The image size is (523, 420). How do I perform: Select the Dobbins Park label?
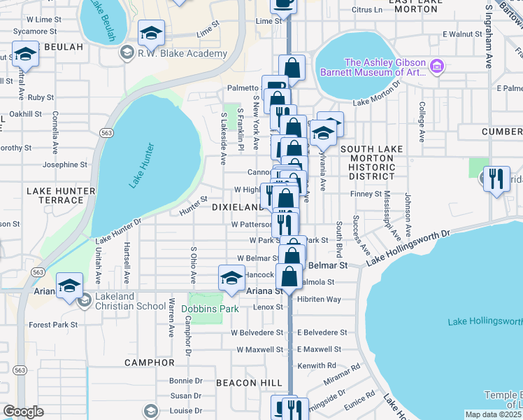pyautogui.click(x=210, y=309)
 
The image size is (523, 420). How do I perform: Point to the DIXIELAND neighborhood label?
pyautogui.click(x=236, y=207)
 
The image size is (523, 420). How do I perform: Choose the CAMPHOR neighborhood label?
pyautogui.click(x=149, y=363)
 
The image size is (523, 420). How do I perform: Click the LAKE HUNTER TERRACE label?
pyautogui.click(x=55, y=195)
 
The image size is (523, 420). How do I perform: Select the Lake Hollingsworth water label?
pyautogui.click(x=485, y=322)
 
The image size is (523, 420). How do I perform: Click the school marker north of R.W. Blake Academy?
pyautogui.click(x=151, y=32)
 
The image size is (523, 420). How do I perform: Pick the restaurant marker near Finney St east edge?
pyautogui.click(x=496, y=178)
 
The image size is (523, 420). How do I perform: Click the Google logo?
pyautogui.click(x=23, y=412)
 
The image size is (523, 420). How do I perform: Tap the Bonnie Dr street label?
pyautogui.click(x=185, y=381)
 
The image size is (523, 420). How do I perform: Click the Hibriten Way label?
pyautogui.click(x=318, y=299)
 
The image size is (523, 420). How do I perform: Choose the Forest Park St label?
pyautogui.click(x=53, y=325)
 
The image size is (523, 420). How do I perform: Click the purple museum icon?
pyautogui.click(x=437, y=66)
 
